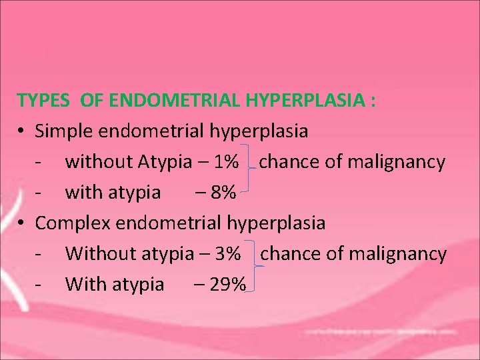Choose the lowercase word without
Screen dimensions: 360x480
coord(98,162)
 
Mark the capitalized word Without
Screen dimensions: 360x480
coord(101,254)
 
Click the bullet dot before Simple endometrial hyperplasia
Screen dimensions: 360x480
coord(22,132)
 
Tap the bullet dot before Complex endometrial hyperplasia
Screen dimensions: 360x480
coord(22,223)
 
